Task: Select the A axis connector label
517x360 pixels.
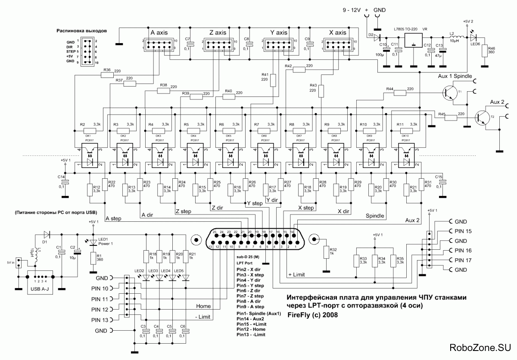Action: coord(162,33)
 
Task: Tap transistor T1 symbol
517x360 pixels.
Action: coord(450,93)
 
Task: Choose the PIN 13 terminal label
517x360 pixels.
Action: coord(100,320)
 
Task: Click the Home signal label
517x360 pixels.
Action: coord(203,306)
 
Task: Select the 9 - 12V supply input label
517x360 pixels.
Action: coord(353,9)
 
